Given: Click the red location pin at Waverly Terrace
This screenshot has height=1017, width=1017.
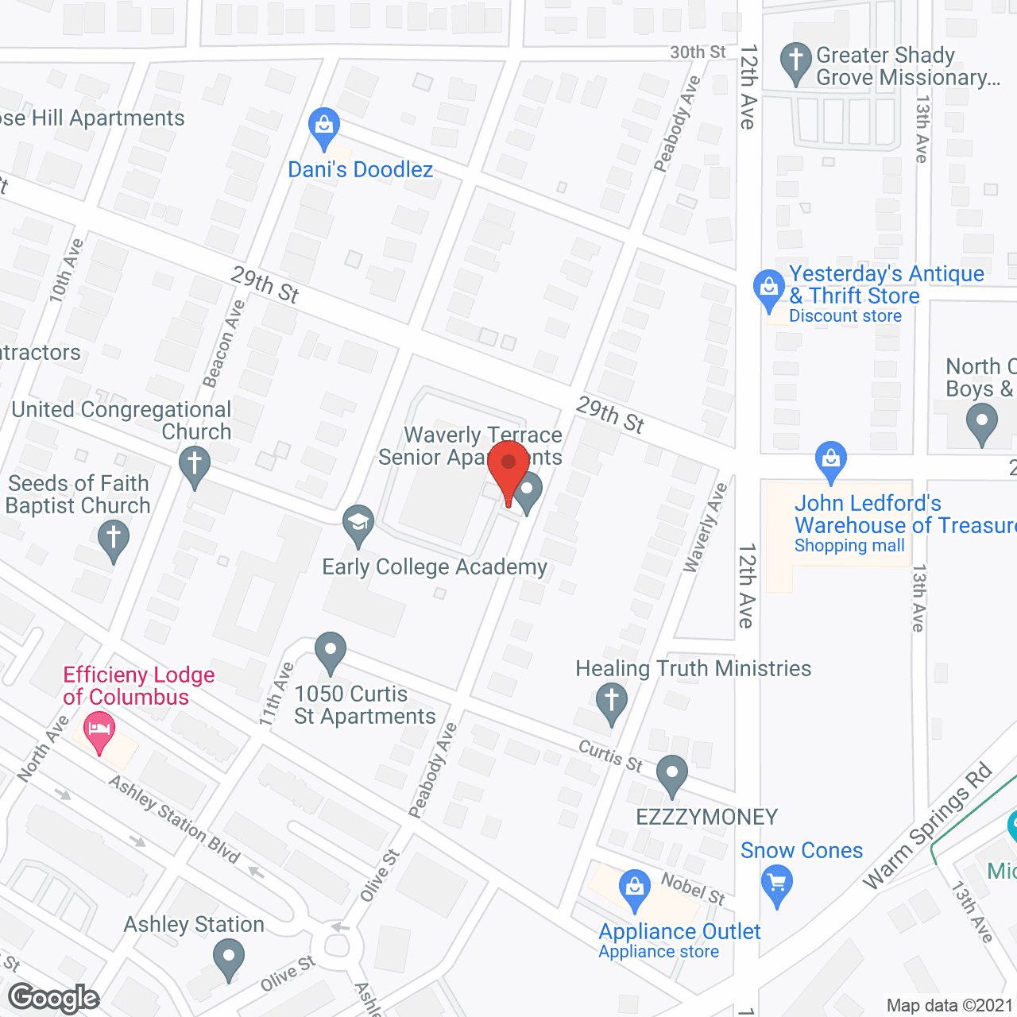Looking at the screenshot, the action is [x=508, y=464].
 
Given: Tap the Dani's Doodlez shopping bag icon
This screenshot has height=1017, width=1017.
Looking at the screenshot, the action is [x=323, y=126].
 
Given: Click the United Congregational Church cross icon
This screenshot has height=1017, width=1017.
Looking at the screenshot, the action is [x=194, y=464].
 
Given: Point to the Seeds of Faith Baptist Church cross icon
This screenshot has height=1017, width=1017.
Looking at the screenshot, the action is [x=114, y=538].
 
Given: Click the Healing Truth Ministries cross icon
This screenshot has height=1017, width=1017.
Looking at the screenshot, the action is [x=611, y=702].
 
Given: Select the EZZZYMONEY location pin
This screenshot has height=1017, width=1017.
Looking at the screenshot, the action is [x=672, y=772].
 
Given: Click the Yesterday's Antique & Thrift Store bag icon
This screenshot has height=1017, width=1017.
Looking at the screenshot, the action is [x=768, y=288].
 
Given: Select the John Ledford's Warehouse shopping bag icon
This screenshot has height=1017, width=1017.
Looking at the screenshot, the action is [x=831, y=459].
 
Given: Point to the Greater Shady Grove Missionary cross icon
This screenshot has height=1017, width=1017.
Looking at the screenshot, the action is [x=795, y=60].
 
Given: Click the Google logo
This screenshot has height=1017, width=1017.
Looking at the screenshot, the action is [x=54, y=998].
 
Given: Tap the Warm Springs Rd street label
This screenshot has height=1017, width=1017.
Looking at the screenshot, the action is [x=927, y=826].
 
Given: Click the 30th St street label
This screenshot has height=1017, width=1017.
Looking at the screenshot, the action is [x=697, y=52].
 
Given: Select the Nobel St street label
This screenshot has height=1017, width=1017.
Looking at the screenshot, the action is [x=693, y=887].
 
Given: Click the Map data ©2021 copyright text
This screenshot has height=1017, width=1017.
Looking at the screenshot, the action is [x=949, y=1005].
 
